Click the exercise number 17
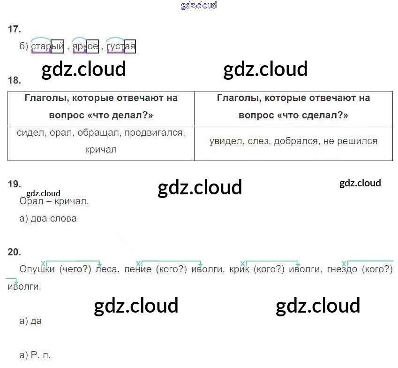(15, 29)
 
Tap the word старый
(47, 46)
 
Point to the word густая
(121, 46)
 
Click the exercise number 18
(15, 80)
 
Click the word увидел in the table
(225, 141)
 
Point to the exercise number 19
(15, 184)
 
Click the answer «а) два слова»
(48, 218)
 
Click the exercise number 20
(15, 252)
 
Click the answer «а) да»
(30, 321)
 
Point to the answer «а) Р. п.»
(35, 355)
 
